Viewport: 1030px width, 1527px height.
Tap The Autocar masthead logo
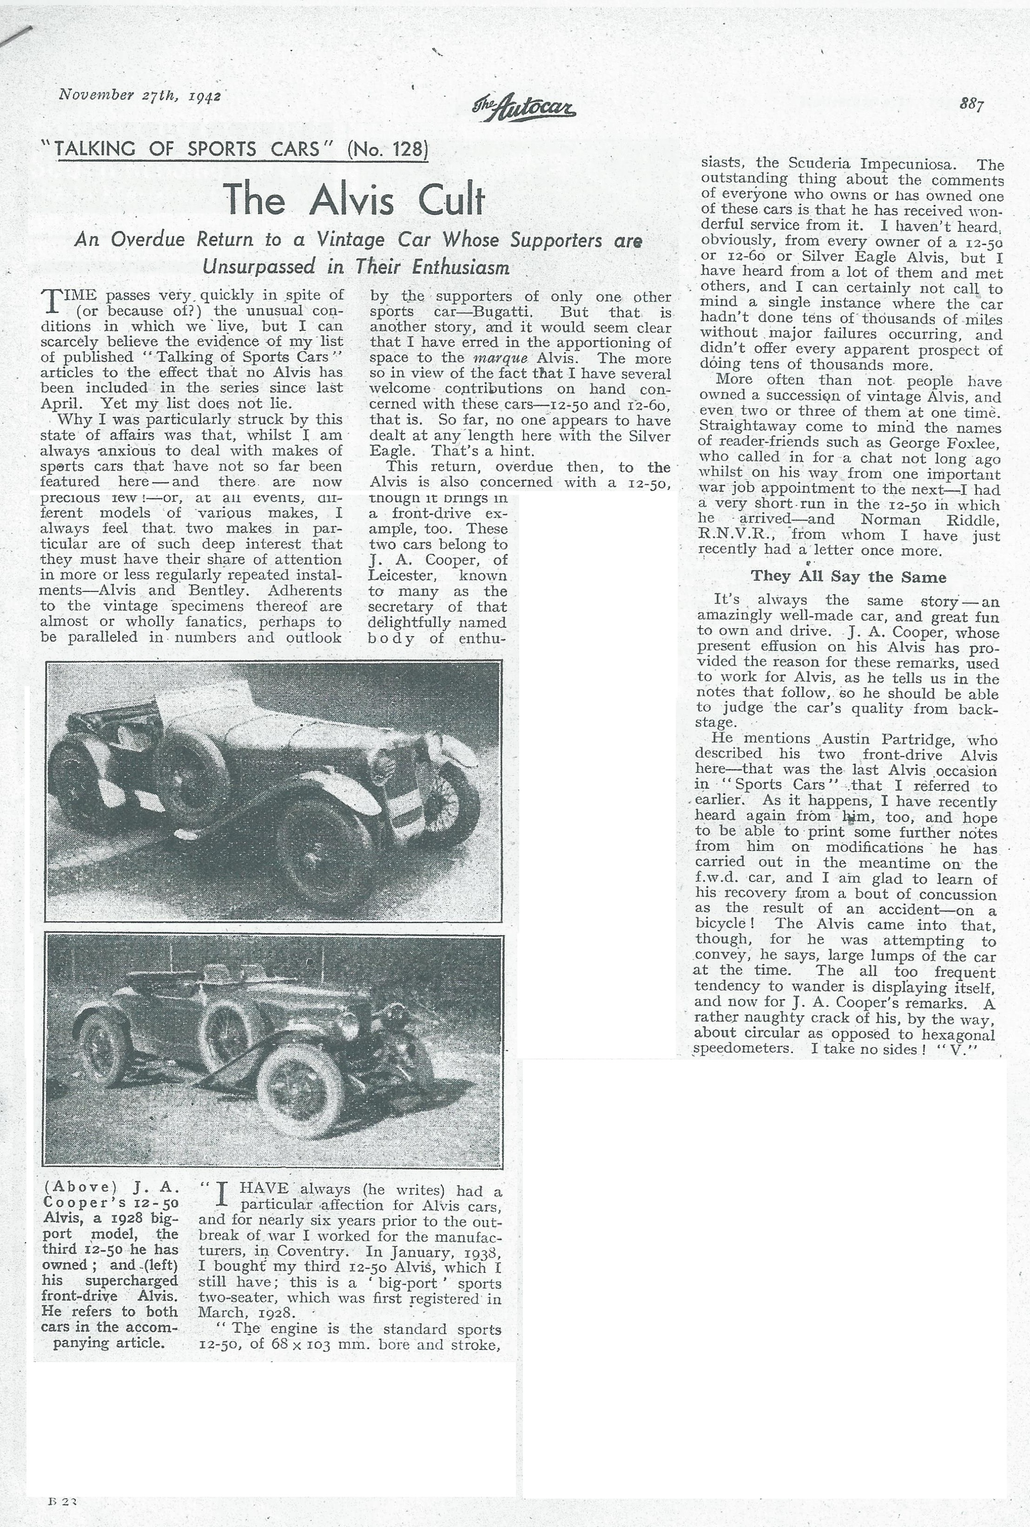click(523, 106)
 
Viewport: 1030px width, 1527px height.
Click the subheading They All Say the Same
click(848, 577)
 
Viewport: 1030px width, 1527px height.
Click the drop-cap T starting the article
click(51, 302)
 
